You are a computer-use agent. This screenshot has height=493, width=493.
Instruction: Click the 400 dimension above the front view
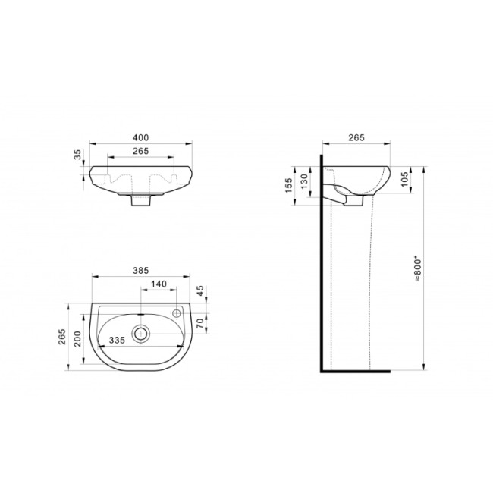click(140, 138)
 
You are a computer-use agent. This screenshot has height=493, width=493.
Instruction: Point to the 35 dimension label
click(77, 155)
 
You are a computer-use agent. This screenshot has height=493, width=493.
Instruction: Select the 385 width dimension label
click(140, 271)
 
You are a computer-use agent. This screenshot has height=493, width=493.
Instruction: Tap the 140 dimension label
click(159, 284)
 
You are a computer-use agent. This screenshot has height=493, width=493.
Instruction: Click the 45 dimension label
click(200, 290)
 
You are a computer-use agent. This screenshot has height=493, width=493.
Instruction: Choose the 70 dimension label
click(200, 324)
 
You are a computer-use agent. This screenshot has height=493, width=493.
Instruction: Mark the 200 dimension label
click(77, 339)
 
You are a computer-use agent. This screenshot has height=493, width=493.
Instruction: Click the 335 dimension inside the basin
click(117, 340)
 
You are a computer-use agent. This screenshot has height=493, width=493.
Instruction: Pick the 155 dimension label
click(289, 186)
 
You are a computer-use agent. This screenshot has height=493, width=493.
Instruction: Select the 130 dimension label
click(303, 181)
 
